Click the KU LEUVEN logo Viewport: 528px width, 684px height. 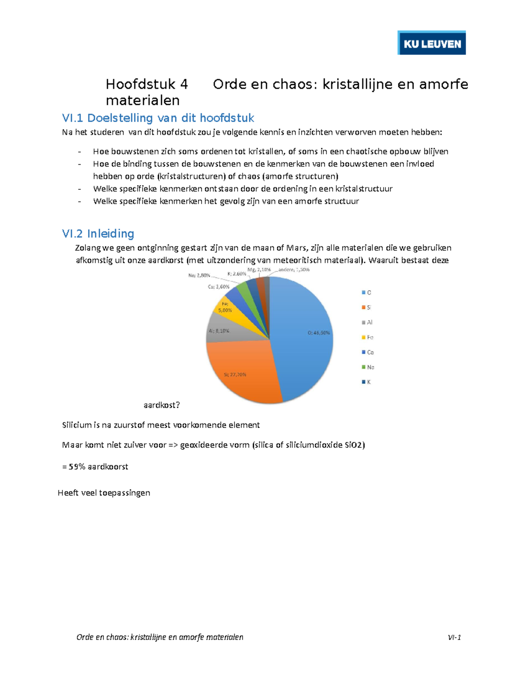[431, 43]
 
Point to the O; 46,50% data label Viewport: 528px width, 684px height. [319, 333]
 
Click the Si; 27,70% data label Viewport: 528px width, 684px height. [235, 374]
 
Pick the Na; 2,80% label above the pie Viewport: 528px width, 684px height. [199, 275]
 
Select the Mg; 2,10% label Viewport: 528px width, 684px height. [259, 270]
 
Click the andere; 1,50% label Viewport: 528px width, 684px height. [293, 270]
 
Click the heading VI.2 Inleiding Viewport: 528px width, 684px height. [98, 233]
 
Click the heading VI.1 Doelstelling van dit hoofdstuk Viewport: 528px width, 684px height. [158, 118]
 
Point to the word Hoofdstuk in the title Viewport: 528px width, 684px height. [141, 84]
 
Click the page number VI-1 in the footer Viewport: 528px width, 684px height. [454, 637]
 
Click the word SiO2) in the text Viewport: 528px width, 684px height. [354, 445]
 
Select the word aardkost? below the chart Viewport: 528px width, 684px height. [162, 405]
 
